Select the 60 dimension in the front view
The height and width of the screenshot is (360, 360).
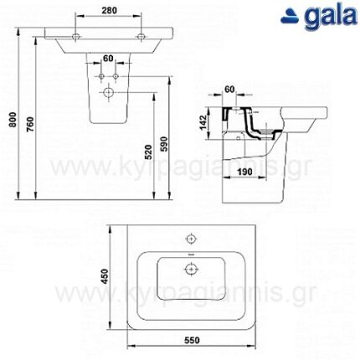[108, 59]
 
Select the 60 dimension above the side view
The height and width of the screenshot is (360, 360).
[230, 86]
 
